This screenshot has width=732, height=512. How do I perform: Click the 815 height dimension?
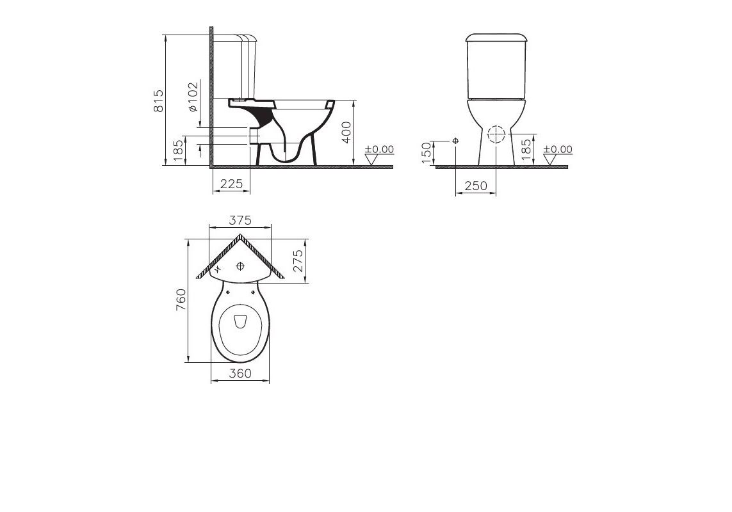[159, 101]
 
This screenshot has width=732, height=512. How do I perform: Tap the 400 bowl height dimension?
[346, 132]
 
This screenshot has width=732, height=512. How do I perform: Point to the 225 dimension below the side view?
[231, 184]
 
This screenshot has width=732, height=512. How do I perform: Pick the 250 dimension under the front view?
[476, 186]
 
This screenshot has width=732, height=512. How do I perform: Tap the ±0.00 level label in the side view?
[378, 150]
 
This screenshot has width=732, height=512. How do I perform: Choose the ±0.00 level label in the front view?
[557, 150]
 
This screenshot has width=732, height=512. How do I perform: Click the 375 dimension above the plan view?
[241, 221]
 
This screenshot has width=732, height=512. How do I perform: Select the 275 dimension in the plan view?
[298, 261]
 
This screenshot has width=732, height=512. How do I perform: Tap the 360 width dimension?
[240, 374]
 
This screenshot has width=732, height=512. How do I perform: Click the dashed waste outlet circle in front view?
[495, 135]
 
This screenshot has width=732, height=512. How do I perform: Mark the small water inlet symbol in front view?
[455, 140]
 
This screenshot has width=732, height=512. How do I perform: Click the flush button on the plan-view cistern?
[241, 266]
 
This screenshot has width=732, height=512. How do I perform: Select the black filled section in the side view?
[263, 116]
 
